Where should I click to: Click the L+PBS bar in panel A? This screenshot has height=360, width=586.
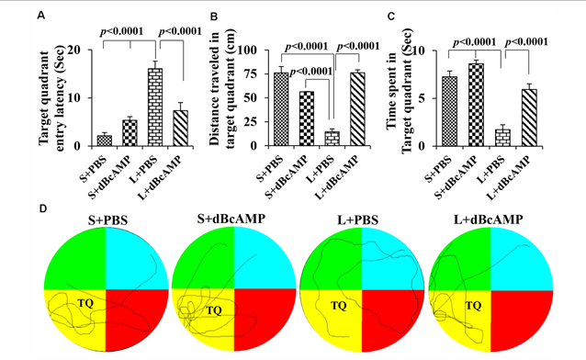[155, 107]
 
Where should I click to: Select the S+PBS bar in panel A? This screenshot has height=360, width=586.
[105, 141]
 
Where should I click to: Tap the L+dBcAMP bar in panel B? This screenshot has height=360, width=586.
[357, 108]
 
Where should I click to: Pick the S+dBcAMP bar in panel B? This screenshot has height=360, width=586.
[307, 118]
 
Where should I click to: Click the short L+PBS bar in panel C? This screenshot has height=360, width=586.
[503, 138]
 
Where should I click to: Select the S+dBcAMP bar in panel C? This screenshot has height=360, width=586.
[476, 105]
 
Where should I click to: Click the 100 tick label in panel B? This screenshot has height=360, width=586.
[251, 51]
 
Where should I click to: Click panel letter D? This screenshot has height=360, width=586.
[43, 208]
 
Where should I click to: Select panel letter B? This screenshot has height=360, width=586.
[214, 17]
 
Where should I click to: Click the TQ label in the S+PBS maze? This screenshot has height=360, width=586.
[85, 303]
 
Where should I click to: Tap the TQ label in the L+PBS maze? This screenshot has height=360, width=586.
[339, 306]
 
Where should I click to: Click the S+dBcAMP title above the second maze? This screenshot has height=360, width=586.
[231, 219]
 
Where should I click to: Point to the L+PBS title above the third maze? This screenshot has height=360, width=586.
[357, 219]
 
